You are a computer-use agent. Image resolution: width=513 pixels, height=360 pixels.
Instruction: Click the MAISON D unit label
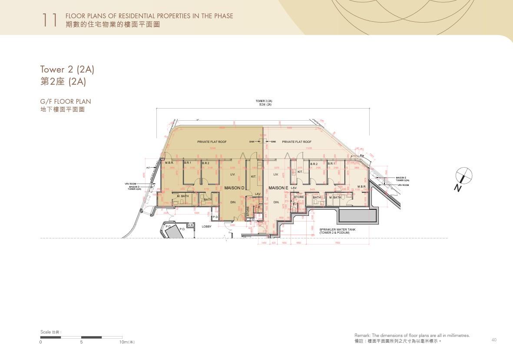pyautogui.click(x=235, y=188)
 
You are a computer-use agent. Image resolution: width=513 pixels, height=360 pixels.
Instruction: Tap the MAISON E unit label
pyautogui.click(x=278, y=188)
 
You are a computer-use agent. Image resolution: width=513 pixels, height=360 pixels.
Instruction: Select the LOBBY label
pyautogui.click(x=206, y=226)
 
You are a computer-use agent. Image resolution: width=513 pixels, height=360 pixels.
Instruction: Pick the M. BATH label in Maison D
pyautogui.click(x=183, y=196)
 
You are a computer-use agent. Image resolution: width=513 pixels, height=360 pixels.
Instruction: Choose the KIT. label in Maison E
pyautogui.click(x=300, y=172)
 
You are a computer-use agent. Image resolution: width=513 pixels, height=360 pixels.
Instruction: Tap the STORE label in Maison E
pyautogui.click(x=299, y=197)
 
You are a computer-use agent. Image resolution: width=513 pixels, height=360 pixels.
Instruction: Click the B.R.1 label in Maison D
pyautogui.click(x=187, y=163)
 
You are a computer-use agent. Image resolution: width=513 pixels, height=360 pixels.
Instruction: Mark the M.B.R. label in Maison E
pyautogui.click(x=361, y=187)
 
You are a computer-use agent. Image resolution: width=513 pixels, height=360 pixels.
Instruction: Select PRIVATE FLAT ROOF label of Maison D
pyautogui.click(x=212, y=142)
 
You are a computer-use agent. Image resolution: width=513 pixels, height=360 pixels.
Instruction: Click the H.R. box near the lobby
pyautogui.click(x=191, y=225)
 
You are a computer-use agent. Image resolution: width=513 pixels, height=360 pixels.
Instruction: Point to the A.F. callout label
pyautogui.click(x=148, y=167)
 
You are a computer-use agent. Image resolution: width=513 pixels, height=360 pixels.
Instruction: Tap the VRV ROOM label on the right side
pyautogui.click(x=403, y=185)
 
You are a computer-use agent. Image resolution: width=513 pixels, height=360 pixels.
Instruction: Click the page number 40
pyautogui.click(x=494, y=340)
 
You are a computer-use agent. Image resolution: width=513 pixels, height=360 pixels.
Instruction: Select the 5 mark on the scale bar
pyautogui.click(x=81, y=342)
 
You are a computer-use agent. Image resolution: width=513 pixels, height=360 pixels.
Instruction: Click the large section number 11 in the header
pyautogui.click(x=50, y=20)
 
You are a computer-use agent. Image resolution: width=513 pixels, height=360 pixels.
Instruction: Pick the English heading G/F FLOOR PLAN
pyautogui.click(x=66, y=102)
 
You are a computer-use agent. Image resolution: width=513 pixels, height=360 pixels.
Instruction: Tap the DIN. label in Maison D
pyautogui.click(x=233, y=202)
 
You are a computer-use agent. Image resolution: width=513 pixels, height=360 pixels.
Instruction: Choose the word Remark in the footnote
pyautogui.click(x=363, y=336)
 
